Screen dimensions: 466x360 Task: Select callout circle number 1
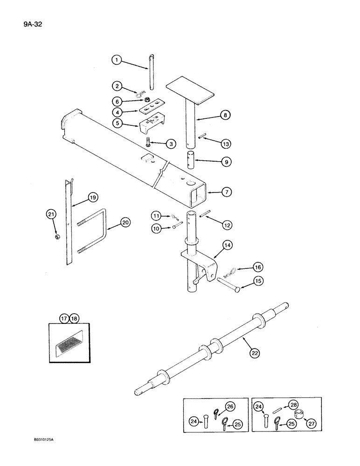coord(116,60)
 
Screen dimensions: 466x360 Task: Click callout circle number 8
coord(226,115)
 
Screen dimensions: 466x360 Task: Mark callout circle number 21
coord(50,214)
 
